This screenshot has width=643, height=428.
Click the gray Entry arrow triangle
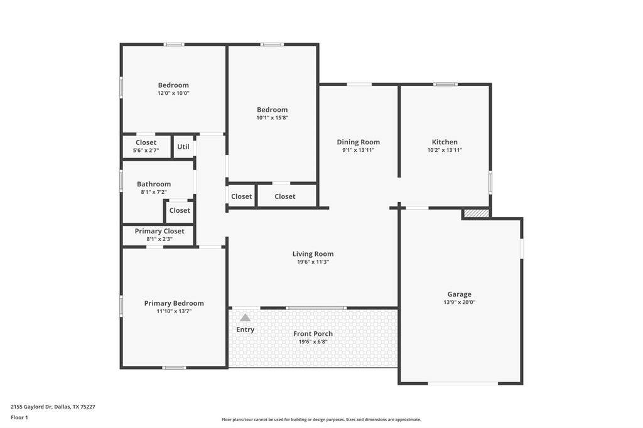246,318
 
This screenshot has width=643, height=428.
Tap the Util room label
183,146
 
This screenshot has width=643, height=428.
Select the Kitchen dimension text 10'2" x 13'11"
445,150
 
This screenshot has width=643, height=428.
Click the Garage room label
459,294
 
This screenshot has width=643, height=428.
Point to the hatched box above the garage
477,213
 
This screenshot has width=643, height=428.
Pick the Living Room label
313,254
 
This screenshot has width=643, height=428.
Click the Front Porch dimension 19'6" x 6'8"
313,341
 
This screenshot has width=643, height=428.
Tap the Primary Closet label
159,231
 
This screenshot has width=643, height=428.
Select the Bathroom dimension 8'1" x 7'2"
154,192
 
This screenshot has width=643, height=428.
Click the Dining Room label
359,142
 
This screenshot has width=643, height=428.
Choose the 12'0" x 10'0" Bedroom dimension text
173,93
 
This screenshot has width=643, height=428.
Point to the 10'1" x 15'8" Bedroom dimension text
273,117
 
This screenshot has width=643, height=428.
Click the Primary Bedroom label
174,303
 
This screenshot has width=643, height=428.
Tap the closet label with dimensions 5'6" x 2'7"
146,142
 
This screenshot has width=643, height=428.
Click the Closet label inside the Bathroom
180,210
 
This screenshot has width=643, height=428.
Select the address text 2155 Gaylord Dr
31,407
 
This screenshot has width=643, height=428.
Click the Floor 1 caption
19,418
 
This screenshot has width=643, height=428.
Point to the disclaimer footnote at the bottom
321,419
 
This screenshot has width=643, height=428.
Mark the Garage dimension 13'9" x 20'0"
459,302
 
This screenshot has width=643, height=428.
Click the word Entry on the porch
246,329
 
